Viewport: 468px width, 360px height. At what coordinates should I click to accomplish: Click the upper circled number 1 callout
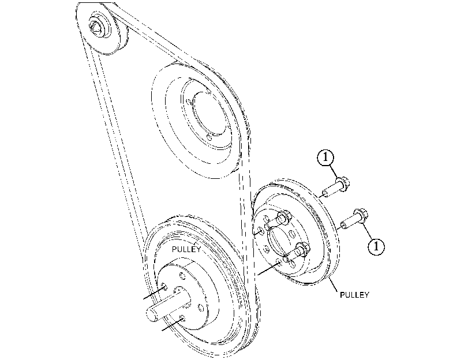(325, 157)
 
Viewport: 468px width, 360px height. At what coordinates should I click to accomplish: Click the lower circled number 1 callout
(376, 246)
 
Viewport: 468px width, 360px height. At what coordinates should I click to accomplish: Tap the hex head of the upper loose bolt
(343, 183)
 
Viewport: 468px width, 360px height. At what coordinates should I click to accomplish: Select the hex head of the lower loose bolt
(361, 216)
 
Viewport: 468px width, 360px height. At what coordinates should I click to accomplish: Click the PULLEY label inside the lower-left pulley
(186, 249)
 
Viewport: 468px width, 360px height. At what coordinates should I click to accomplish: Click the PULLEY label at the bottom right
(354, 295)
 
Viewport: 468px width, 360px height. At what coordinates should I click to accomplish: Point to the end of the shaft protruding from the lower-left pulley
(153, 314)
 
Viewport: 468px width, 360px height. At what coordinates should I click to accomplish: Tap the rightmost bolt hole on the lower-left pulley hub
(201, 307)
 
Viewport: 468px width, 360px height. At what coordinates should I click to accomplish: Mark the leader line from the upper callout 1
(334, 171)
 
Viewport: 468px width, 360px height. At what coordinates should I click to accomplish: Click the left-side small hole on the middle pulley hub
(189, 102)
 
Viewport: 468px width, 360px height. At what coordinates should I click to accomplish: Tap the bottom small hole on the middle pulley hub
(209, 137)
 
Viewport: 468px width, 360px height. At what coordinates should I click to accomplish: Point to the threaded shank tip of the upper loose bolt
(325, 193)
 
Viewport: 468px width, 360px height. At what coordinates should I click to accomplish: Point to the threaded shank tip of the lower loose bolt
(343, 225)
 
